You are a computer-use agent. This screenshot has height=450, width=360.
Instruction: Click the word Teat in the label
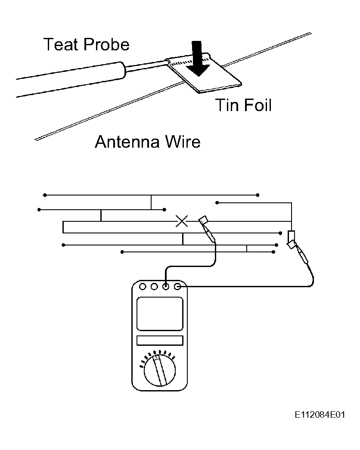(x=61, y=45)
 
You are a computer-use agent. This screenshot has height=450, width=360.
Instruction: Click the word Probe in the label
(x=106, y=45)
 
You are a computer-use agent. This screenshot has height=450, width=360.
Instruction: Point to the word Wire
(x=183, y=142)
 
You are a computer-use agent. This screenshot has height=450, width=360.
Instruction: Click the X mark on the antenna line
(x=182, y=221)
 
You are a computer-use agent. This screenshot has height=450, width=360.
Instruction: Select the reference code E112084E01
(x=320, y=415)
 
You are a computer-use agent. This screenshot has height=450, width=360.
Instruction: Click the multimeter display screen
(x=160, y=313)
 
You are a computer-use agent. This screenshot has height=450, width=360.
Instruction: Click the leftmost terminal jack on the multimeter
(x=143, y=286)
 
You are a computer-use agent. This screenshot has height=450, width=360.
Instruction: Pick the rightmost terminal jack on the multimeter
(x=178, y=286)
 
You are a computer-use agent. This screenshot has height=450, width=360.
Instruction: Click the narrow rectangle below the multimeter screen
(x=160, y=340)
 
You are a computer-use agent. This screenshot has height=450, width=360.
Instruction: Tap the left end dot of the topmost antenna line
(x=45, y=195)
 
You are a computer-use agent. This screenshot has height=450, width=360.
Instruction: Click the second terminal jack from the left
(x=154, y=286)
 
